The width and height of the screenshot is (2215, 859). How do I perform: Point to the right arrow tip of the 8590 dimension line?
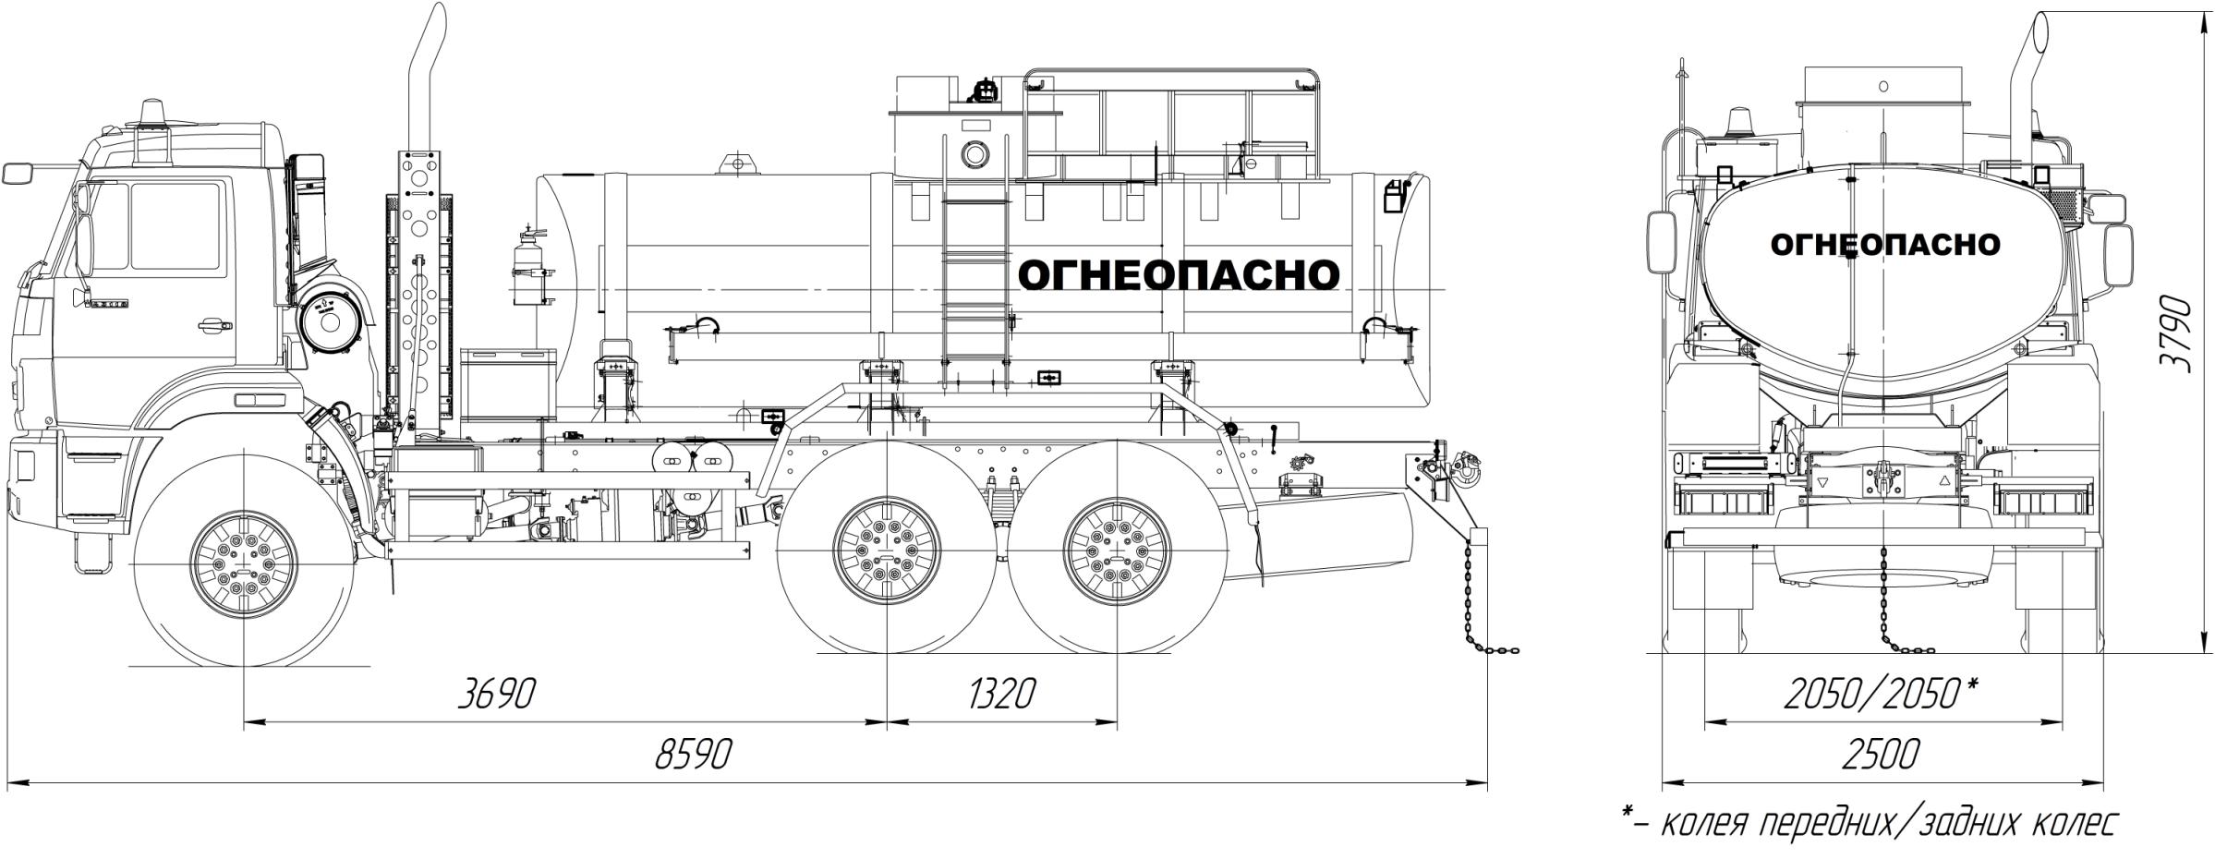(x=1487, y=784)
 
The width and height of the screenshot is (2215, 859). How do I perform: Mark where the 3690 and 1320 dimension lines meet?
(x=887, y=721)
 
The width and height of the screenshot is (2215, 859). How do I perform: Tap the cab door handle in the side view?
(x=212, y=324)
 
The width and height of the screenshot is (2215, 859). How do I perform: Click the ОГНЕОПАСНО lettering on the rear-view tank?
(x=1885, y=245)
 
